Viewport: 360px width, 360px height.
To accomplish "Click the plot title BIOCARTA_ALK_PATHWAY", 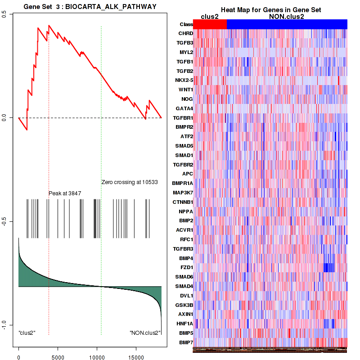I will [90, 6].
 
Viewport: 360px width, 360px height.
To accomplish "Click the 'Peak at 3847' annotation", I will [65, 193].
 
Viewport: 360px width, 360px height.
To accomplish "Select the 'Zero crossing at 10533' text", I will [130, 182].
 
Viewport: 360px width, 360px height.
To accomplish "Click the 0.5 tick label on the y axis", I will [4, 14].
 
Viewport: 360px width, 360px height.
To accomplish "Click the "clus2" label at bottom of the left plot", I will [27, 333].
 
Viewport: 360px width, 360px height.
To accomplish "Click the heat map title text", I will [271, 10].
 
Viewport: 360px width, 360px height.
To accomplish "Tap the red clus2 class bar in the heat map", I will [210, 24].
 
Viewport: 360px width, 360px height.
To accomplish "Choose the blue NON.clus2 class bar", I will [287, 24].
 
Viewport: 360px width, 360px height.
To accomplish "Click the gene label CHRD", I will [186, 34].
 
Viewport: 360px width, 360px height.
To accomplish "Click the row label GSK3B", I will [185, 305].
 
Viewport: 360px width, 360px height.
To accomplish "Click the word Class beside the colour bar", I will [186, 24].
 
